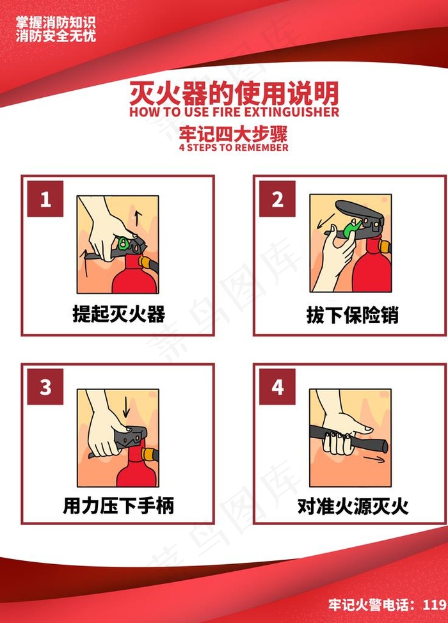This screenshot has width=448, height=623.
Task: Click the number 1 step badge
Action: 45,199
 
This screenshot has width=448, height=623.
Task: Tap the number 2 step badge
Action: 277,199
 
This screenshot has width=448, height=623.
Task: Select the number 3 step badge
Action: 45,387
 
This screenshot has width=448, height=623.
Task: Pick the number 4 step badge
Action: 277,387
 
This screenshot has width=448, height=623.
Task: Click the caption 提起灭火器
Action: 118,314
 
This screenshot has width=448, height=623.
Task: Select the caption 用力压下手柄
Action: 118,506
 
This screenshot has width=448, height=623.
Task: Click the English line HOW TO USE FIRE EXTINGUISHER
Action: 234,112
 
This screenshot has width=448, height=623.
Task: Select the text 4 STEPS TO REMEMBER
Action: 234,148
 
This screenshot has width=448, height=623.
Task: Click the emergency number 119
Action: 435,604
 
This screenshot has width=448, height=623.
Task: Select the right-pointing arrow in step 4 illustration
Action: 374,459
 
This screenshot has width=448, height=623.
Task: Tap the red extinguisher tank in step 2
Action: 372,272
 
